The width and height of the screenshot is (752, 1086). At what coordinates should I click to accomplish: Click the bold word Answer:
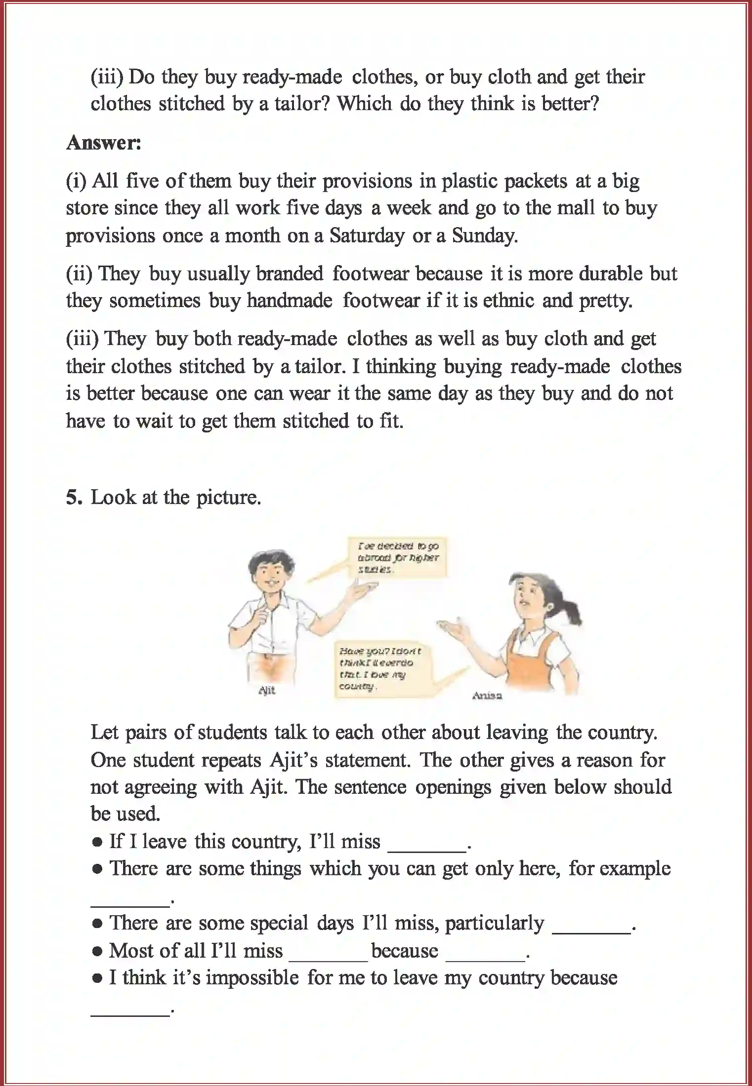pos(104,143)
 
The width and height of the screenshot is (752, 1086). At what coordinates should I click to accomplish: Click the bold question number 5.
pos(74,498)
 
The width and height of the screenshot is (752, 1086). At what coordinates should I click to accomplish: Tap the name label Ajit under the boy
pos(267,691)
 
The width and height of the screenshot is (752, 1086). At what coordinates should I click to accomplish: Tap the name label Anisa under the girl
pos(487,696)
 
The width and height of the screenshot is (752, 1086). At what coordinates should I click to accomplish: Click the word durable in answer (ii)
pos(610,273)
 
